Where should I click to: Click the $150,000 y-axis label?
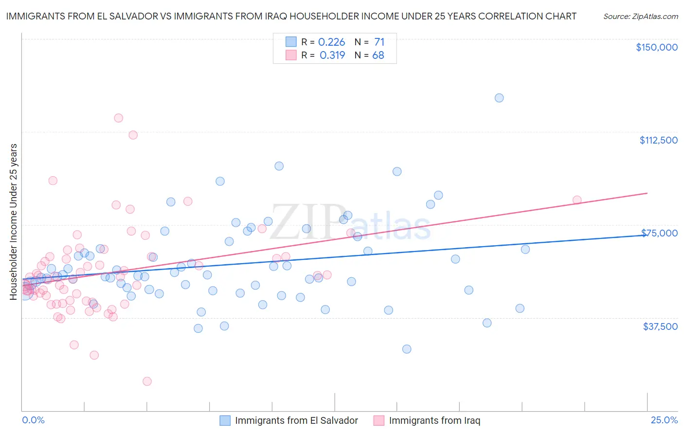pos(656,47)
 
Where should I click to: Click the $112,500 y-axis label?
pos(658,140)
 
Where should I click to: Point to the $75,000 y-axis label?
pos(659,233)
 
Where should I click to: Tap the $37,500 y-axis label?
pos(660,326)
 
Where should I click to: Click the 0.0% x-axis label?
pos(33,420)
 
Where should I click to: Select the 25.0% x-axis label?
pos(664,420)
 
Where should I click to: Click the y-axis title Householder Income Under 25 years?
pos(14,221)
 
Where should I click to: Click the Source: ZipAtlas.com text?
pos(640,16)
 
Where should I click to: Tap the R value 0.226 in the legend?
pos(331,42)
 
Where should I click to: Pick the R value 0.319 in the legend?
pos(332,55)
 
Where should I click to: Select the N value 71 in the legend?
pos(379,42)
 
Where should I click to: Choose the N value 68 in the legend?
pos(378,55)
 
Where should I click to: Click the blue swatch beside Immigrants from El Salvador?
pos(225,420)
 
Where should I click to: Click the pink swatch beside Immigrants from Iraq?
pos(378,420)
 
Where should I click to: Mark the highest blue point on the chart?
pos(499,98)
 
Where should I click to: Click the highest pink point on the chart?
pos(118,118)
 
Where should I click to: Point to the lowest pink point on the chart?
pos(147,381)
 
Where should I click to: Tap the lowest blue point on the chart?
pos(407,349)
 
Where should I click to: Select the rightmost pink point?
pos(577,200)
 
